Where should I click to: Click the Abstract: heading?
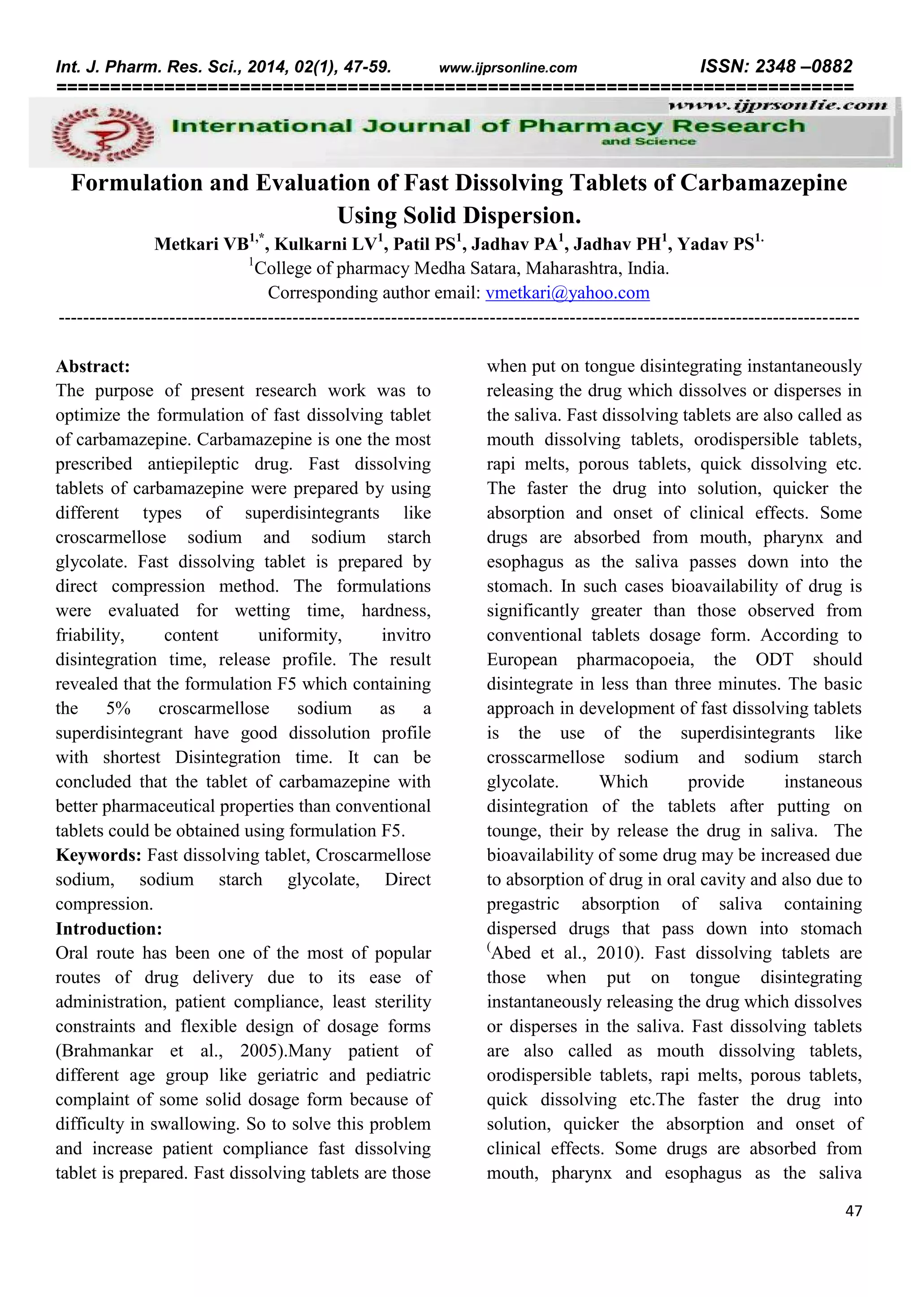click(93, 367)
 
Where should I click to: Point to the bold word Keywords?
click(98, 855)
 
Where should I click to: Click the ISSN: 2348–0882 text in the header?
click(775, 67)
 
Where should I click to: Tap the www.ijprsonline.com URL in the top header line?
click(507, 69)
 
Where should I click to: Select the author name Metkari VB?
click(201, 244)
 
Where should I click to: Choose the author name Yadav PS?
click(716, 244)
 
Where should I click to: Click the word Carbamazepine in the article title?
click(763, 183)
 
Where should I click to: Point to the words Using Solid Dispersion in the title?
click(459, 216)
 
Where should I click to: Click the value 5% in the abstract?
click(118, 709)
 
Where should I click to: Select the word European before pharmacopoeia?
click(522, 660)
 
